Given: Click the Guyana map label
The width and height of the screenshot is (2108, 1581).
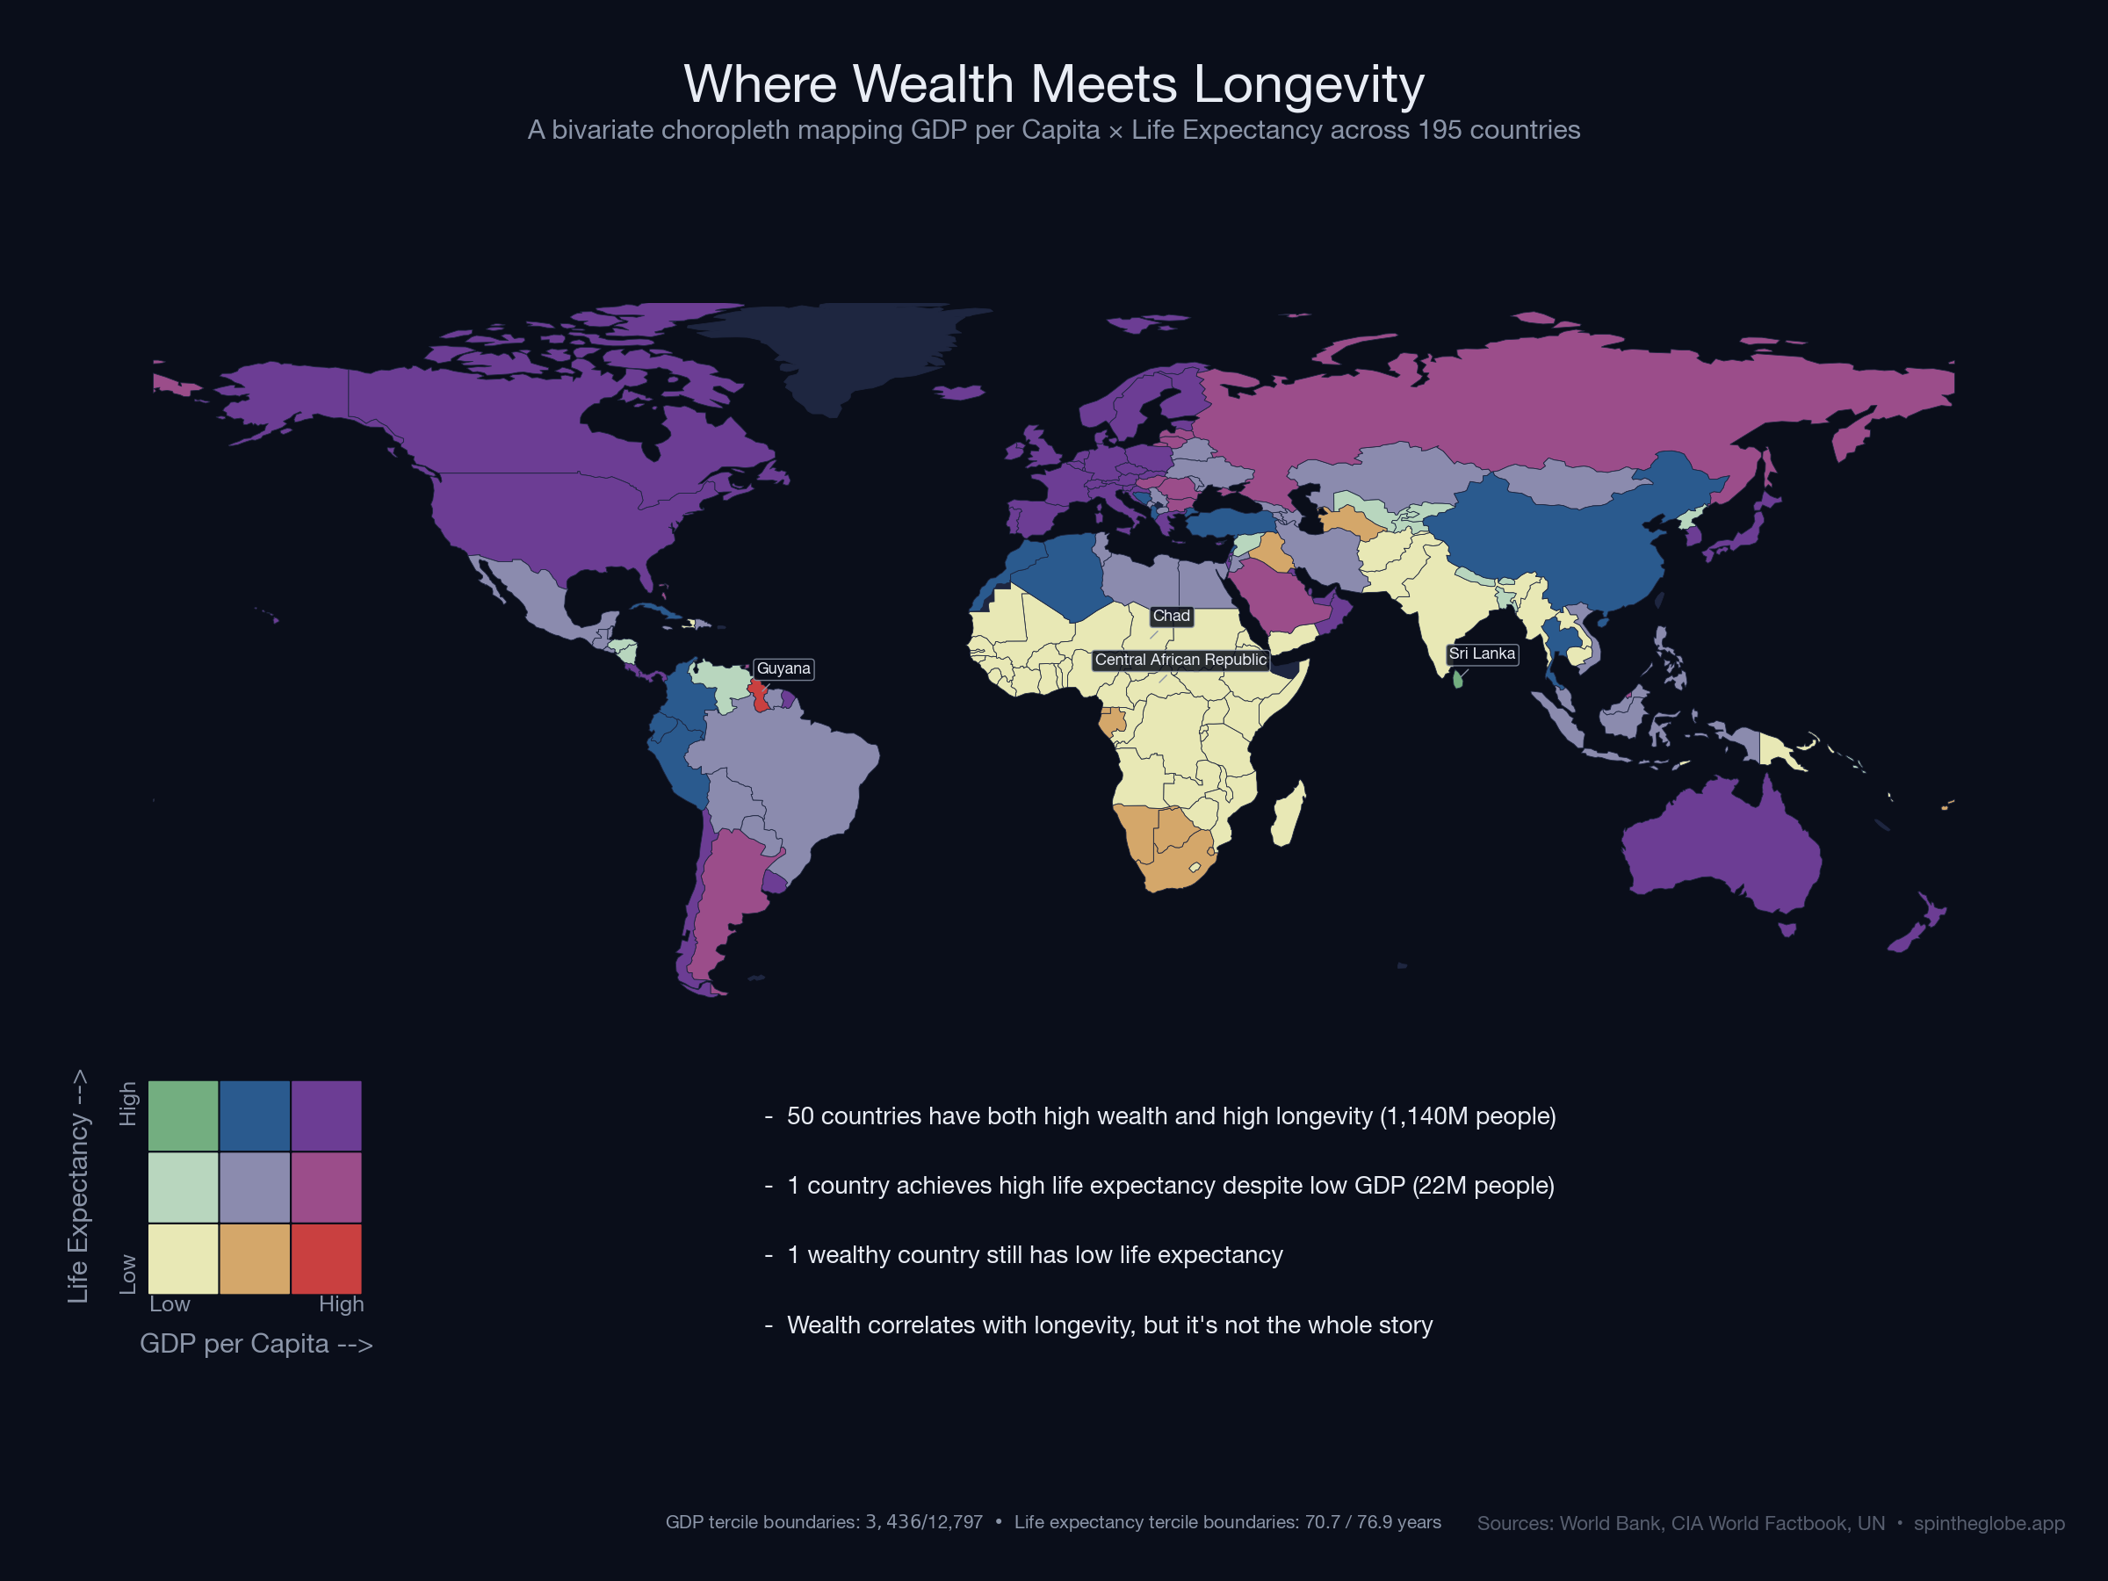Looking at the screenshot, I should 783,669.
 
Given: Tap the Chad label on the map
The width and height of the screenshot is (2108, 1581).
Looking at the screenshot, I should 1170,617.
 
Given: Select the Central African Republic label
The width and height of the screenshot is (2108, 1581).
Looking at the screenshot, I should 1180,661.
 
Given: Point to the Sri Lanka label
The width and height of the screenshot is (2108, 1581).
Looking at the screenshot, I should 1481,653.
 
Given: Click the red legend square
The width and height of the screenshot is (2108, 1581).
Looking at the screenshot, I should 326,1259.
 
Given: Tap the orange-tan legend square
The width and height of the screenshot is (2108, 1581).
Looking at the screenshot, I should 255,1259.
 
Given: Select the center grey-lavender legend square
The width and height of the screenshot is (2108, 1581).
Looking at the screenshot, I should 255,1188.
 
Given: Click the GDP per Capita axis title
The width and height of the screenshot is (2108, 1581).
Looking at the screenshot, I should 256,1344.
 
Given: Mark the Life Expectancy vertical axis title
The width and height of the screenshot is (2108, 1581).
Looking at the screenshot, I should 78,1187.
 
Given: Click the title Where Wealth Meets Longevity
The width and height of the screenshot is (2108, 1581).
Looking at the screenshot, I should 1053,83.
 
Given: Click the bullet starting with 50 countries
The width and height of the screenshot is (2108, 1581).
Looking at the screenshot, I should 1170,1116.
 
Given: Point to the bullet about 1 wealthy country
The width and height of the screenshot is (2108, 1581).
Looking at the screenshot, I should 1034,1255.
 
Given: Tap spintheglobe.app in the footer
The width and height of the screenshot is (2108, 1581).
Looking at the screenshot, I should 1988,1523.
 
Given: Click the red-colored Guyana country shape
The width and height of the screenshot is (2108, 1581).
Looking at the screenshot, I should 760,696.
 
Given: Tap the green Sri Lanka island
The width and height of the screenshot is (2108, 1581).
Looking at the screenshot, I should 1457,680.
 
